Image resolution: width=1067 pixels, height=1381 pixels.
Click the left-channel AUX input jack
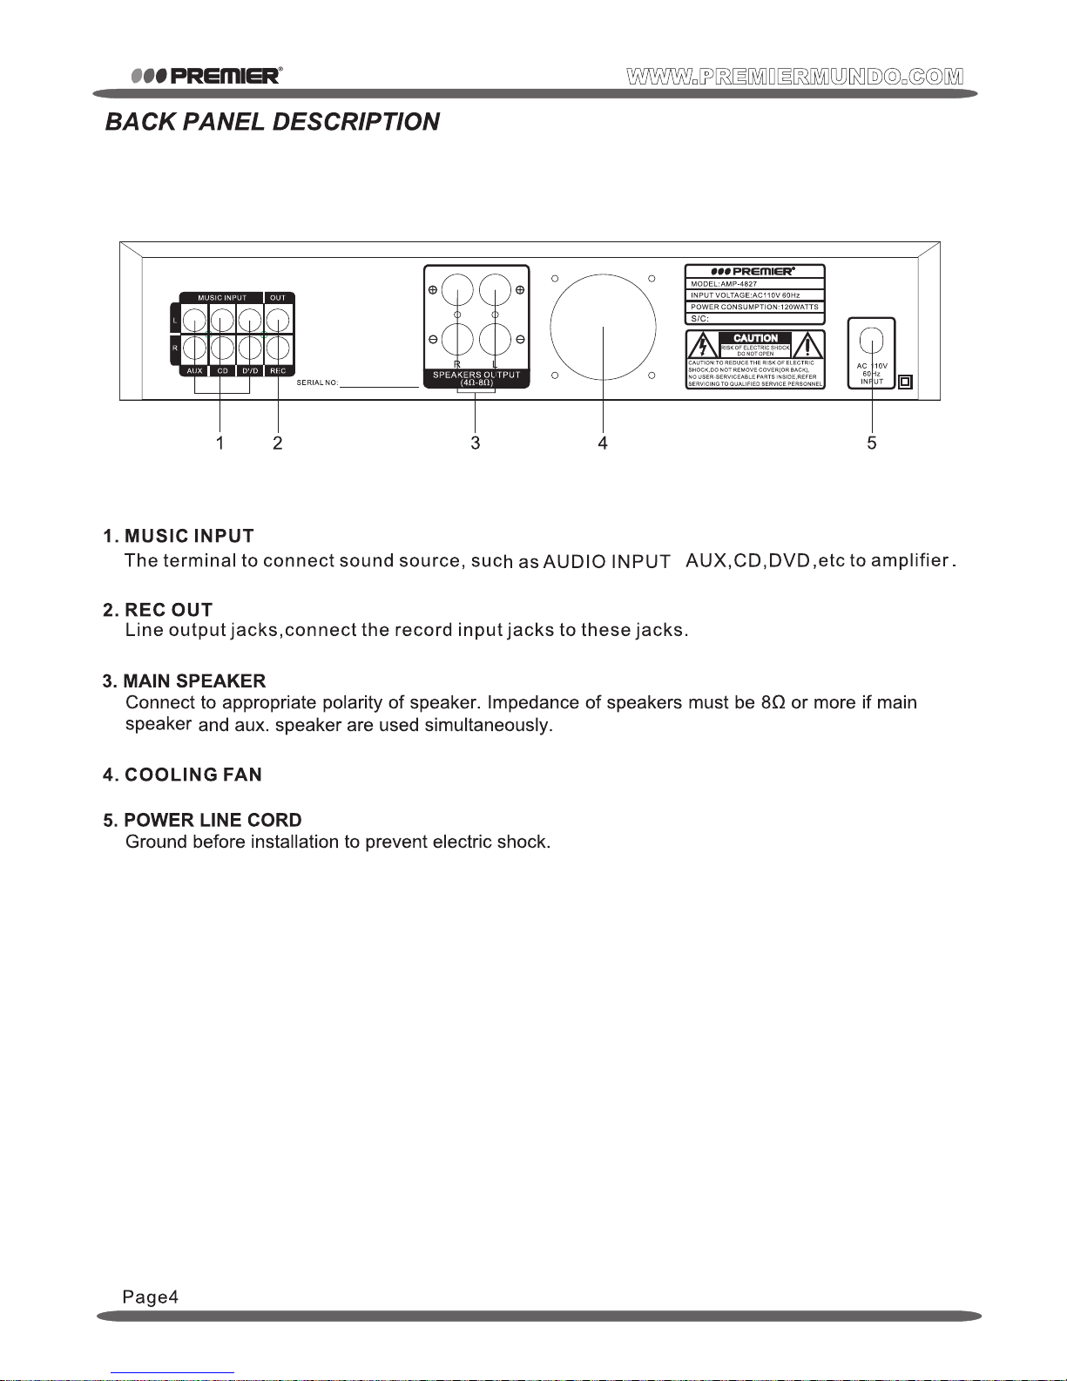coord(194,321)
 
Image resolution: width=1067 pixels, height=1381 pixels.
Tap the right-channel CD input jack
coord(222,349)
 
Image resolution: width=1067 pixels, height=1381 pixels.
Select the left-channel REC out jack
coord(278,321)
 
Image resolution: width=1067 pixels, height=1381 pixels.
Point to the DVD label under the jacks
coord(250,371)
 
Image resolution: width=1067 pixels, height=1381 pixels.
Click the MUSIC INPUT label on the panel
coord(222,298)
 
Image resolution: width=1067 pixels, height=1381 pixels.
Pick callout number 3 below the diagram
coord(476,443)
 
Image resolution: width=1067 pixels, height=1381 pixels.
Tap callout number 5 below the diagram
coord(872,443)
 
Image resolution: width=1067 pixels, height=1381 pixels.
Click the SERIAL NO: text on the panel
coord(317,383)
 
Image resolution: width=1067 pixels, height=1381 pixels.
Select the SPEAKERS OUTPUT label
coord(476,376)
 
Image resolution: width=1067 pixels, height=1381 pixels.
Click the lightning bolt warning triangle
coord(703,347)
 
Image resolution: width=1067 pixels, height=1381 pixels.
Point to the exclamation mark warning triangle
coord(807,347)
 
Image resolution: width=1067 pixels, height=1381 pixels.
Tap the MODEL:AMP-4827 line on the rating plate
coord(724,284)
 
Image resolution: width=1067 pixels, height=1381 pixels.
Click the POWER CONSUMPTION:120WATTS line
coord(754,308)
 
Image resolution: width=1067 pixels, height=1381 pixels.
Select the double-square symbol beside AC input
coord(905,382)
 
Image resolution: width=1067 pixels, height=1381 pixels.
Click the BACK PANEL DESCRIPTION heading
coord(272,122)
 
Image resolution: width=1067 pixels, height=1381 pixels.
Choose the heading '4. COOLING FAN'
coord(182,775)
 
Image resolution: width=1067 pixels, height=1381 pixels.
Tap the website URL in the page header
coord(794,76)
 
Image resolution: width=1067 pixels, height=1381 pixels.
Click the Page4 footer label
coord(151,1297)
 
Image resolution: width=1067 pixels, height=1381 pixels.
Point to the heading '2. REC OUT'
coord(158,610)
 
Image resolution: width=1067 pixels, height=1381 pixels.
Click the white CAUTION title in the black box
coord(755,338)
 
